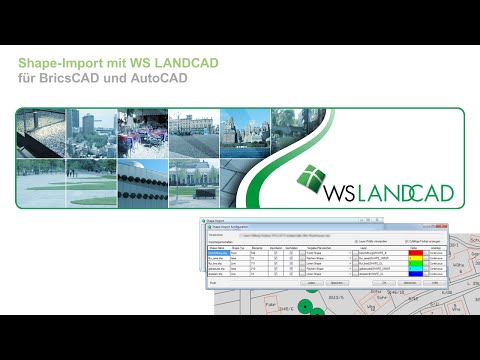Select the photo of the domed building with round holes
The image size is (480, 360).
point(143,183)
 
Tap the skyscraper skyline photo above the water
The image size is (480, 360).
point(244,133)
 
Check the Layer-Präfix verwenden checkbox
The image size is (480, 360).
point(356,242)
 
